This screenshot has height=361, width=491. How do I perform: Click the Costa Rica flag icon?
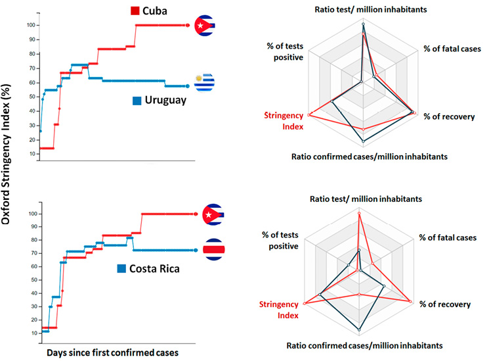click(x=213, y=250)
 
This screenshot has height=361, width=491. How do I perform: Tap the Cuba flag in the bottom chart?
click(x=213, y=214)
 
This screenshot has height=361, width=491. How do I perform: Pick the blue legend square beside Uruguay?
click(x=137, y=101)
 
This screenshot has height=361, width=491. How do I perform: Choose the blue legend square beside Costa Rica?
click(x=122, y=268)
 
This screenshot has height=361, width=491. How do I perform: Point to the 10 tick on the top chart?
click(x=31, y=153)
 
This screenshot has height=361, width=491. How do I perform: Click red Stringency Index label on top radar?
click(x=284, y=120)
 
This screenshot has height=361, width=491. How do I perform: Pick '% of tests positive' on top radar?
click(x=285, y=51)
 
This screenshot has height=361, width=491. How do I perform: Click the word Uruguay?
click(x=165, y=101)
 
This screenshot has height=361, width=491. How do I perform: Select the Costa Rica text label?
click(x=154, y=268)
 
